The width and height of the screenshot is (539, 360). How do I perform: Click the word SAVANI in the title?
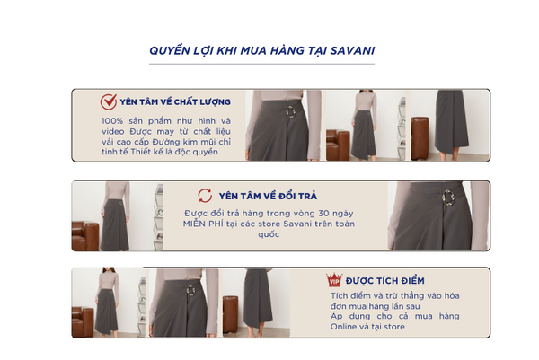coord(352,51)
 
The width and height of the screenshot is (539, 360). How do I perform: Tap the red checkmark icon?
coord(109,101)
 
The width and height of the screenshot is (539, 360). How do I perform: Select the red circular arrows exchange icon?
coord(205,196)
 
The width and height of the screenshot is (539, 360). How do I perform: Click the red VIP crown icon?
coord(334,279)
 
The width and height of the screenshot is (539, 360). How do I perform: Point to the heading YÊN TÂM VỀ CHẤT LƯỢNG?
coord(175,102)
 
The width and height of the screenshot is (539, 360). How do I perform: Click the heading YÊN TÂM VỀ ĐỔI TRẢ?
coord(268,196)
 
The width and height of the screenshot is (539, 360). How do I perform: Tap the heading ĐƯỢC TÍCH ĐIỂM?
coord(385,281)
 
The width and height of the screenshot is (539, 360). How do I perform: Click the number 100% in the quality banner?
coord(112,121)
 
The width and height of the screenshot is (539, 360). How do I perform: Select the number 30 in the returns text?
coord(323,214)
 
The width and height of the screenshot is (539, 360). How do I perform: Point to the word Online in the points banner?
coord(343,327)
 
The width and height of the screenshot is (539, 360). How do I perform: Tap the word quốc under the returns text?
coord(269,234)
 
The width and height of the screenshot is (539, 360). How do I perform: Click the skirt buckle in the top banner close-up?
coord(291,111)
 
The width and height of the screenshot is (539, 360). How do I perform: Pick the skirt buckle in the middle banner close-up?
coord(448,198)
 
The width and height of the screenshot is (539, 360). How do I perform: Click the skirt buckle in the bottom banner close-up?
coord(190,290)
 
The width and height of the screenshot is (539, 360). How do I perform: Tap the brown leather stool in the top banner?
coord(420,138)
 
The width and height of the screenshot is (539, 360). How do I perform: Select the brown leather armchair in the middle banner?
coord(85,235)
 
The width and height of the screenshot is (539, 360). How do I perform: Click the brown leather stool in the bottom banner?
coord(230,314)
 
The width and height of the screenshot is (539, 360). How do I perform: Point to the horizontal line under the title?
coord(261,64)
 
